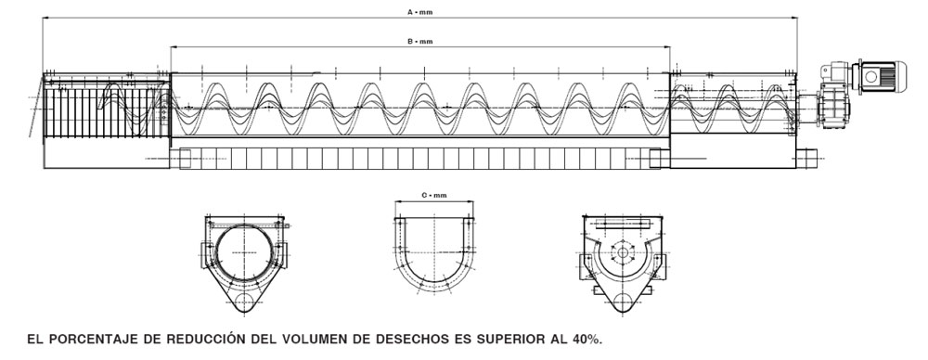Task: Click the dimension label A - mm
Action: click(420, 12)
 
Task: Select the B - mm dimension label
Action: click(420, 42)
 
